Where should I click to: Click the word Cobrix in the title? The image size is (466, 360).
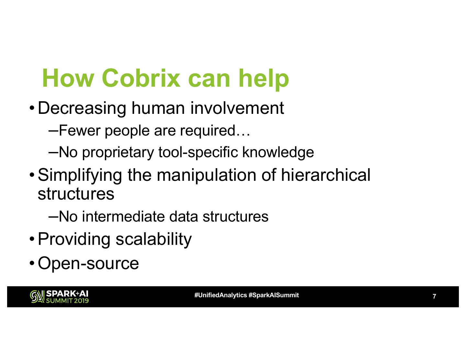[x=141, y=78]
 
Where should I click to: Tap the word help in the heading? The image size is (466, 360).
[x=263, y=78]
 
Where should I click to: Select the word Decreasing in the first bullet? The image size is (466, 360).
[x=82, y=108]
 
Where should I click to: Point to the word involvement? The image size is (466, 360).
[x=237, y=108]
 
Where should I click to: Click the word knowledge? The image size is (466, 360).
[x=278, y=152]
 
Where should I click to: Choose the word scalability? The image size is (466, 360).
[x=153, y=239]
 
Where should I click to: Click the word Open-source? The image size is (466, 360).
[x=88, y=263]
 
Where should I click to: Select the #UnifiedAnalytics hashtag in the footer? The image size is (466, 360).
[x=220, y=295]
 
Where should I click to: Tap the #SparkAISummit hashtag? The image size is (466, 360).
[x=273, y=295]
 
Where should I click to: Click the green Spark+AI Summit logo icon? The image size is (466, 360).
[x=37, y=297]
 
